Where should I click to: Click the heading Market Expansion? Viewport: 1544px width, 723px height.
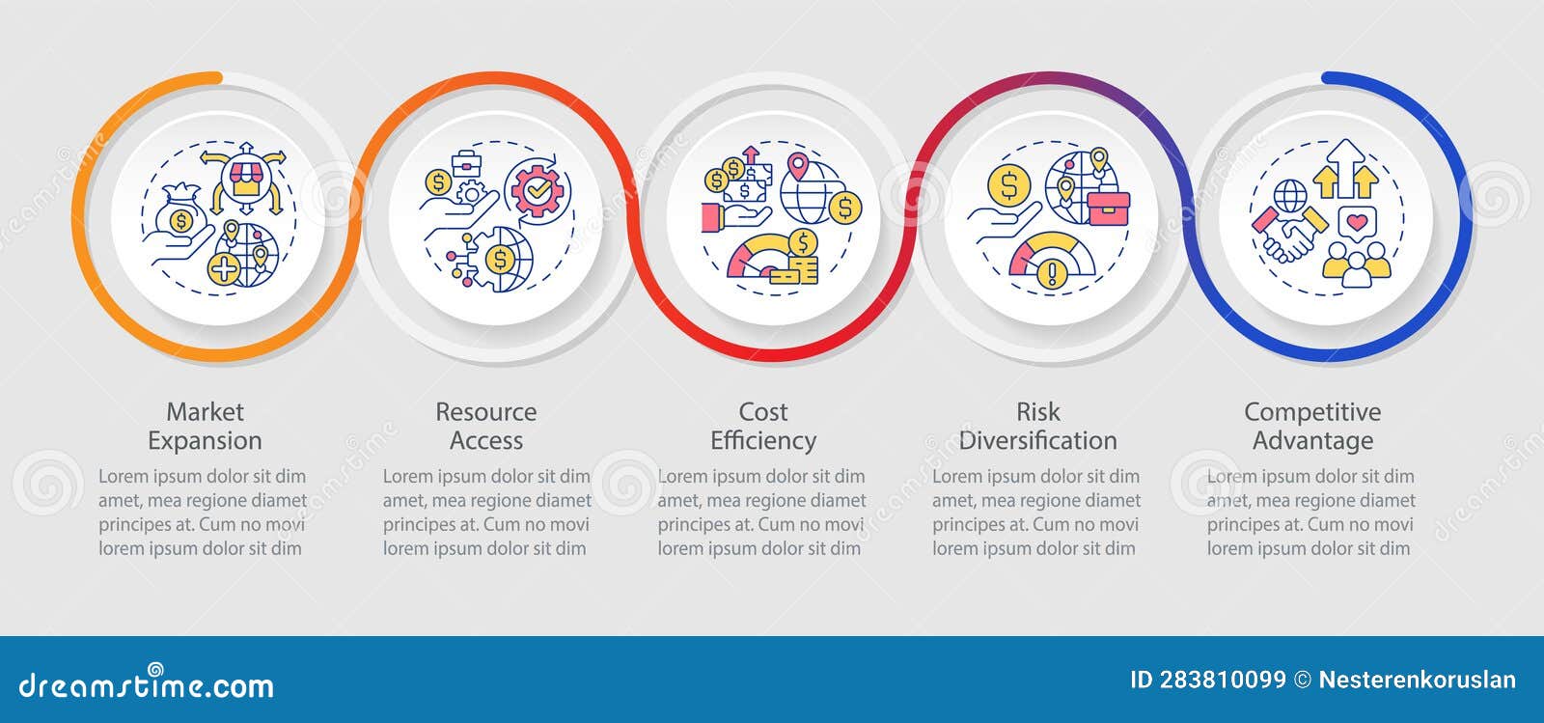point(205,426)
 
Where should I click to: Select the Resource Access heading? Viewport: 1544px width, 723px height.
point(486,426)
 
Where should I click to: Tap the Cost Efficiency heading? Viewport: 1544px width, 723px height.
point(763,426)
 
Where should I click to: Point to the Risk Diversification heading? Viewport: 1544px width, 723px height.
point(1038,426)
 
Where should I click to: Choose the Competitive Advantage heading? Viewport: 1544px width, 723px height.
point(1312,426)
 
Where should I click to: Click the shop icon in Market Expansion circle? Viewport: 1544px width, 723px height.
point(245,180)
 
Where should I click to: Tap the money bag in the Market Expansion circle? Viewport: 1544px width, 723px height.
point(180,211)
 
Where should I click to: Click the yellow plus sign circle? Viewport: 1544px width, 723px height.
point(224,268)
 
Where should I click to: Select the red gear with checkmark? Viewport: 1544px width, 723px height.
point(537,190)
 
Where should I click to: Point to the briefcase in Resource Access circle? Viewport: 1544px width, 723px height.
point(467,163)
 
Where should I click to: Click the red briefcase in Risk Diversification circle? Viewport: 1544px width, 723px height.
point(1109,208)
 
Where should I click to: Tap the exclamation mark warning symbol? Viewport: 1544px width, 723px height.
point(1052,273)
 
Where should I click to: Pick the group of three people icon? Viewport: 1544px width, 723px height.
point(1357,264)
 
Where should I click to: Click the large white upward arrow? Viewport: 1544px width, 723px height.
point(1345,168)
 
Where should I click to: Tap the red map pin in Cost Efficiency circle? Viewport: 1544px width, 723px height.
point(797,167)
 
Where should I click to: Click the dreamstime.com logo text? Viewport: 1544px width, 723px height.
point(146,683)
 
